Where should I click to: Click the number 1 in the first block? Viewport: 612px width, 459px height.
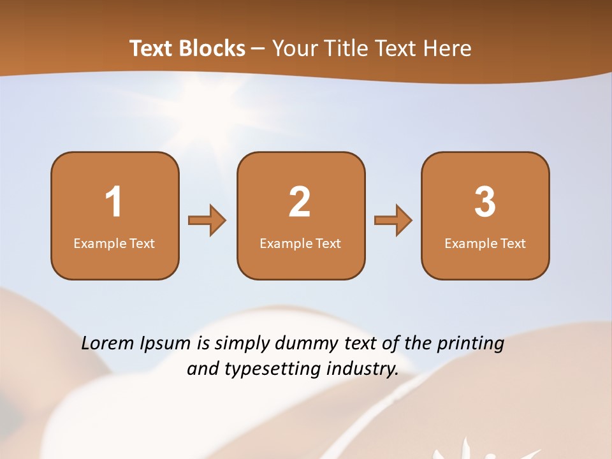tap(113, 202)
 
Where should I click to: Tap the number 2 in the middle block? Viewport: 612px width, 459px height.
tap(300, 202)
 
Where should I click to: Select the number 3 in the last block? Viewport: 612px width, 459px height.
tap(485, 202)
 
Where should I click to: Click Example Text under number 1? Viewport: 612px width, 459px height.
tap(114, 244)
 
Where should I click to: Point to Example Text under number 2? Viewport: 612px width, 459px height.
tap(300, 244)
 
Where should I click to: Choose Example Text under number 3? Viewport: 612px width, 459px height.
tap(485, 244)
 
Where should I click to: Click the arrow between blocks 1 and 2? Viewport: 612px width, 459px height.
tap(207, 221)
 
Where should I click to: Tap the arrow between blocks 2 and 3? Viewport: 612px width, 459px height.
tap(393, 221)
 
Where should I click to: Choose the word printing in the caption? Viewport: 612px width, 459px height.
tap(470, 344)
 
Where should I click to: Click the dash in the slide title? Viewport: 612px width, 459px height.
tap(258, 49)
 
